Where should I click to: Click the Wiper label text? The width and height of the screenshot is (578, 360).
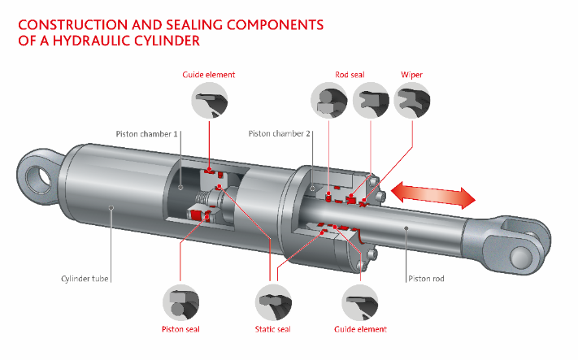411,75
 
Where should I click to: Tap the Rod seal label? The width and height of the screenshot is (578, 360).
350,75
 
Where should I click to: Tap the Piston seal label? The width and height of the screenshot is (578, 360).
180,329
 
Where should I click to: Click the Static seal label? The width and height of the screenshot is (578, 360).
272,329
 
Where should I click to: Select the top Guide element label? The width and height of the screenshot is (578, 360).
208,75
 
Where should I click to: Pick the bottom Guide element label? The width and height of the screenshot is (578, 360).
360,329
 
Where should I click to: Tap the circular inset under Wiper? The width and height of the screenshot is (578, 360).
411,100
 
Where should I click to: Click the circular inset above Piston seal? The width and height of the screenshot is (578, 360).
180,301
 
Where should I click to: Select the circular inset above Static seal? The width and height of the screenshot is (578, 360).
272,301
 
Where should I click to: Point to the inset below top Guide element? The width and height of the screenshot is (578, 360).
209,101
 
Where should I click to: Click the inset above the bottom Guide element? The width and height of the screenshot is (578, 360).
360,301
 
